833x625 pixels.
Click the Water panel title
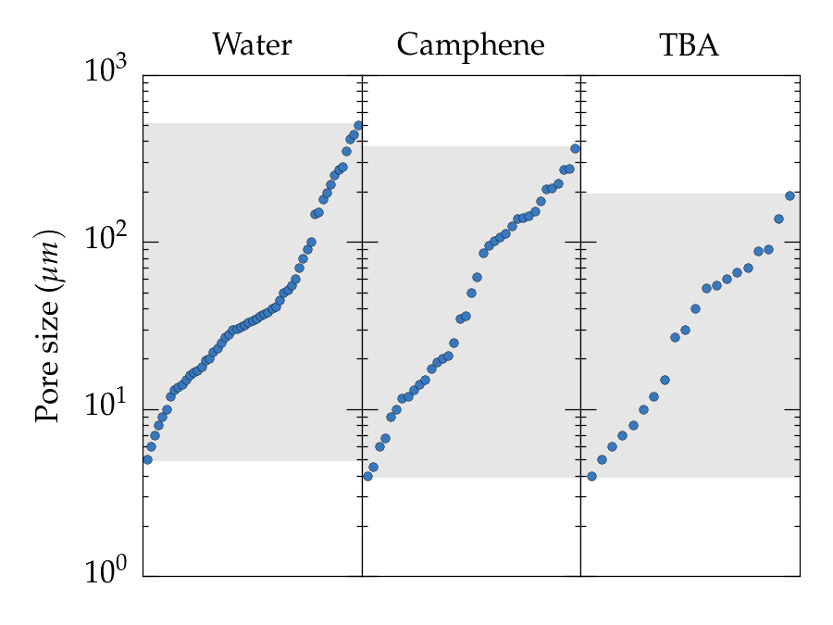pos(252,44)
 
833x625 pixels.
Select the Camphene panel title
pos(470,44)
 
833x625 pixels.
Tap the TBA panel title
pos(689,44)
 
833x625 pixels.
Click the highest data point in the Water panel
pos(358,126)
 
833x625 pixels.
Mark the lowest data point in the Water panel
pos(147,459)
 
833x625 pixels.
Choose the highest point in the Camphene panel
pos(575,148)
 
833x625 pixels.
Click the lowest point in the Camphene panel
pos(367,476)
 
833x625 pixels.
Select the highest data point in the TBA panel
pos(789,195)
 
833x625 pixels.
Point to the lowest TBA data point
pos(591,476)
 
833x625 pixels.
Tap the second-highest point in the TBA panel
pos(778,219)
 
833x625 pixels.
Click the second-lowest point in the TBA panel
pos(602,459)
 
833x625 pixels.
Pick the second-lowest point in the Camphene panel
pos(373,467)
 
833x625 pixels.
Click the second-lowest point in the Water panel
pos(151,446)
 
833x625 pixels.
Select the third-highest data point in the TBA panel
pos(768,249)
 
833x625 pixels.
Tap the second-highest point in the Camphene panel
pos(569,169)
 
